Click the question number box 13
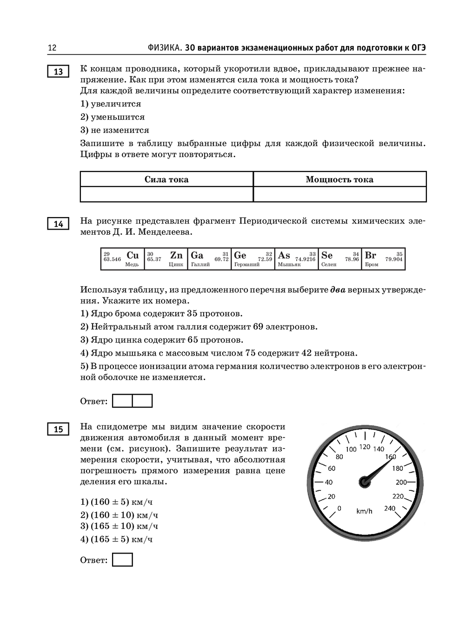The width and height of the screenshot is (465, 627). [x=58, y=72]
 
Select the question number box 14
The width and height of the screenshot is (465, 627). [x=58, y=224]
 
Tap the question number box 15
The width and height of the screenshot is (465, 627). [x=58, y=429]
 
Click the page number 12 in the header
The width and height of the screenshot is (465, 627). [x=52, y=48]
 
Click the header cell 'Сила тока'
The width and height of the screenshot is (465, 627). [x=166, y=179]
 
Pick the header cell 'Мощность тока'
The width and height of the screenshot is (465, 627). [x=339, y=179]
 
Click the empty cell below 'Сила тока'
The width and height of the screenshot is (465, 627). [x=166, y=194]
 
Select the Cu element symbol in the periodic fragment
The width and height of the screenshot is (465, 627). [x=133, y=255]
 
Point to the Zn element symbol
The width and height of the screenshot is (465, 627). [x=176, y=255]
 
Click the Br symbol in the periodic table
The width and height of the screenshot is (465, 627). [x=371, y=255]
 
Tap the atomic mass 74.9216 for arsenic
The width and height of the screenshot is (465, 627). [x=305, y=259]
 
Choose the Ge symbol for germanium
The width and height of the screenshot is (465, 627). [x=240, y=255]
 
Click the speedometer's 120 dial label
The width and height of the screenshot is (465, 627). [x=365, y=447]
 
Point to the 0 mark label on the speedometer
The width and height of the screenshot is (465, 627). [x=339, y=508]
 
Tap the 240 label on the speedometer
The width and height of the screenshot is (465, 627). [x=390, y=508]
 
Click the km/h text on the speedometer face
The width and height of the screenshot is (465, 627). [x=365, y=511]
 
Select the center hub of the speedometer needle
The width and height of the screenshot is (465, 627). [x=365, y=482]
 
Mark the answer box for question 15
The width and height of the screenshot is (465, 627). [x=123, y=560]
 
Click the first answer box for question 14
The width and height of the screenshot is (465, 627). [x=123, y=401]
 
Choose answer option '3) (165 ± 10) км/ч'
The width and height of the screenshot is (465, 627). [x=119, y=526]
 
